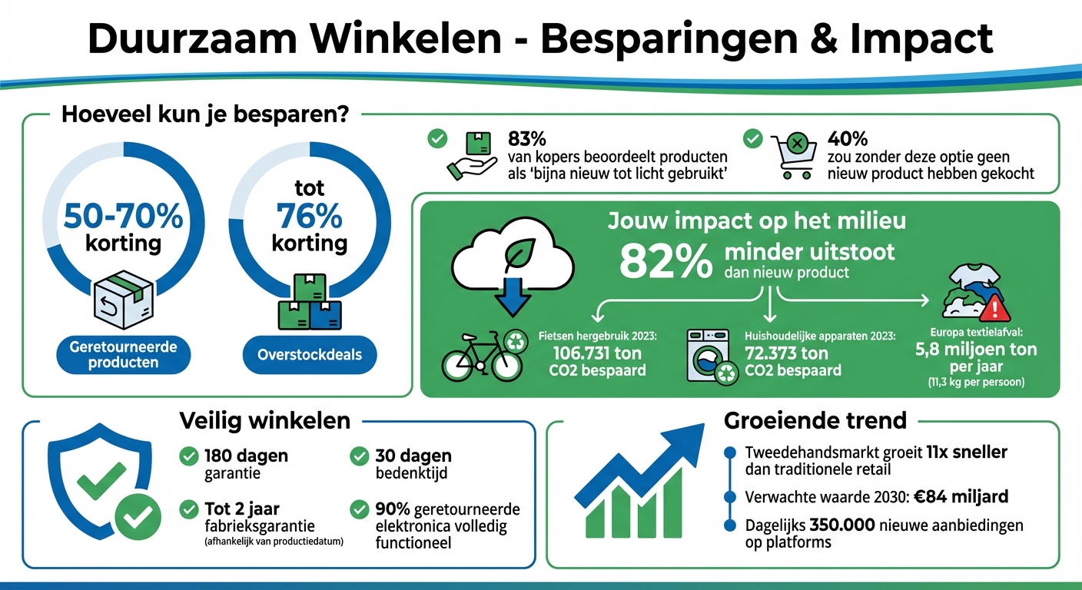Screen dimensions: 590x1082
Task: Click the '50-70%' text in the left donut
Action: pos(123,217)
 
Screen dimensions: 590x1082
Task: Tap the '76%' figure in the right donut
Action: pos(309,217)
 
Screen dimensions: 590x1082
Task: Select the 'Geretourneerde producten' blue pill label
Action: pos(123,355)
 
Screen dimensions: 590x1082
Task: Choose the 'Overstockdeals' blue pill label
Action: pos(310,355)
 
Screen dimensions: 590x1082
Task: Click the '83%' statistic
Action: pos(527,139)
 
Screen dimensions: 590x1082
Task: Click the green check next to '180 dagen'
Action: pos(188,456)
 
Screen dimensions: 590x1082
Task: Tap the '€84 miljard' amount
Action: pos(961,497)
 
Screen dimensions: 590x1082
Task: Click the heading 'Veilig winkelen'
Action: pos(264,421)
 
